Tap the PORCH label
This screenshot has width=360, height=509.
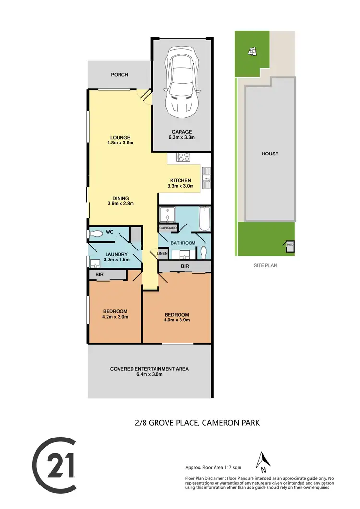coord(119,75)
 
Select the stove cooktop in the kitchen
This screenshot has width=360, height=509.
coord(184,156)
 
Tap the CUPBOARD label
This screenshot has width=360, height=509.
coord(168,228)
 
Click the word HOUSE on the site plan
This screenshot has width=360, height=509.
coord(269,154)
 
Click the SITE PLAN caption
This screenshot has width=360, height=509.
coord(265,265)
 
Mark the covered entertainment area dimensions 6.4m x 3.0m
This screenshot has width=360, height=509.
coord(149,375)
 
